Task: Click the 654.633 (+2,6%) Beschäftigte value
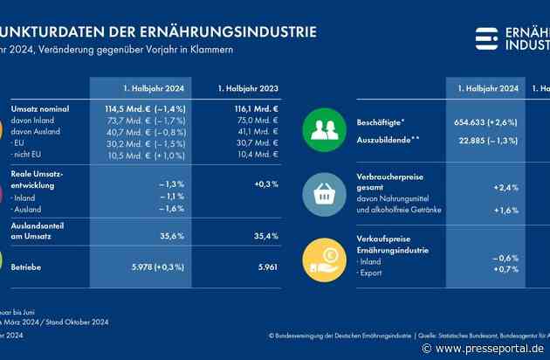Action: tap(482, 122)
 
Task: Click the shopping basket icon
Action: tap(325, 194)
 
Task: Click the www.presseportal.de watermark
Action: tap(484, 348)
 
